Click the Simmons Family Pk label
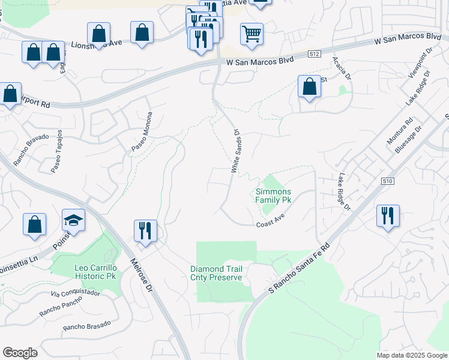tap(273, 196)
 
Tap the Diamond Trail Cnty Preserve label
tap(216, 273)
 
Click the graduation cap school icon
tap(73, 220)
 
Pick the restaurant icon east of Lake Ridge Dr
tap(388, 215)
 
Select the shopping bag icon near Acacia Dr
tap(309, 86)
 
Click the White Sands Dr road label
tap(235, 151)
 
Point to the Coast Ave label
tap(270, 223)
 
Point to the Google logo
tap(20, 353)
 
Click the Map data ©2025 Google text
tap(411, 355)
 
